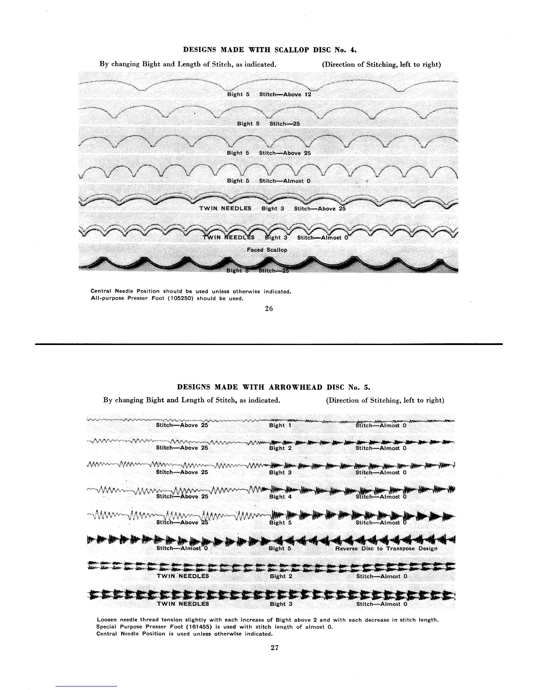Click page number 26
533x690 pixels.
point(269,309)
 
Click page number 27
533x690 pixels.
point(274,647)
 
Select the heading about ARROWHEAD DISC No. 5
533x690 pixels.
point(274,387)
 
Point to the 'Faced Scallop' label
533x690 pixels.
point(267,250)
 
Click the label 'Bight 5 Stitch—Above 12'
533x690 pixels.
point(269,94)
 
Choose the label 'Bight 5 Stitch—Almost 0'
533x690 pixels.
point(269,181)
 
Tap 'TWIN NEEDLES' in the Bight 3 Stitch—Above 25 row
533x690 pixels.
point(225,208)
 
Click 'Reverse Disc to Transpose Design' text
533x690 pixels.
point(386,548)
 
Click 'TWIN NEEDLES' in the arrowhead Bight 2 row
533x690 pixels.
point(182,576)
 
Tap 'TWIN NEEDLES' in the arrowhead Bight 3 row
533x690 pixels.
point(182,604)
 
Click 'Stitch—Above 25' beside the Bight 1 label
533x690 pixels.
point(182,425)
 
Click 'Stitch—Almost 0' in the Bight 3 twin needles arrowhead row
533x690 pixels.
point(381,604)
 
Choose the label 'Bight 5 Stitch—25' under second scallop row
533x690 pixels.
point(268,124)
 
